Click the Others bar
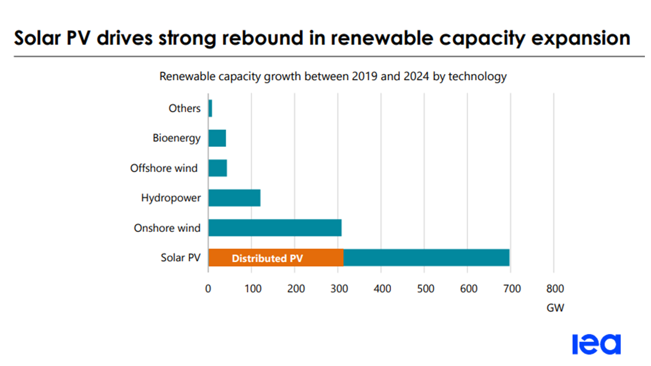[210, 108]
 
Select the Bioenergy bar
[217, 138]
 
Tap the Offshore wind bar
[218, 168]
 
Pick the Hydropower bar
[234, 198]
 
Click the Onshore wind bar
[275, 228]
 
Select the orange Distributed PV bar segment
[276, 258]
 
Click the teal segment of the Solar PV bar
[426, 258]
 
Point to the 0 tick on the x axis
[208, 289]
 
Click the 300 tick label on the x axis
[338, 289]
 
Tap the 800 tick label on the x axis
[555, 289]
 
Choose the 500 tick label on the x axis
[425, 289]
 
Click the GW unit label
[555, 308]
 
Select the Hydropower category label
[171, 198]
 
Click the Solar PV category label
[181, 258]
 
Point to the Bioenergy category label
[176, 138]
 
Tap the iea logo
[596, 344]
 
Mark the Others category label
[185, 108]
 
